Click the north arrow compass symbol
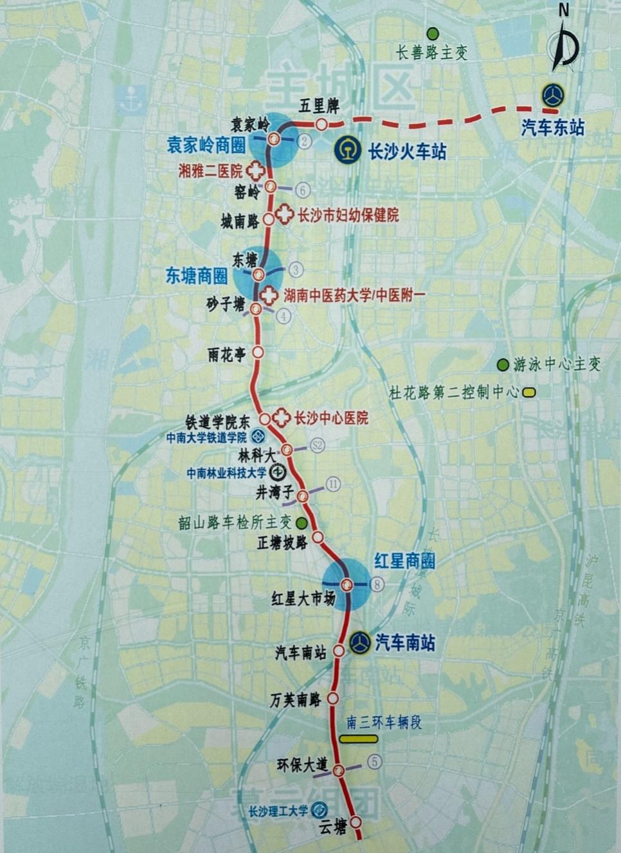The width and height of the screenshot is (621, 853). [x=564, y=43]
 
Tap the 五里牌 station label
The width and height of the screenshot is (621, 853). [x=319, y=106]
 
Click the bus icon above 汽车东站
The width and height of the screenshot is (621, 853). [x=552, y=96]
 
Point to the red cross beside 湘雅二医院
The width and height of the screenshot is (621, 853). [x=256, y=170]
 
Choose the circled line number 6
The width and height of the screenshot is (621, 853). [x=303, y=190]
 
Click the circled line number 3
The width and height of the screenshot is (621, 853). [x=296, y=269]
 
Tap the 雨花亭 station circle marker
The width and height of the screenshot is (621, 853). [x=258, y=352]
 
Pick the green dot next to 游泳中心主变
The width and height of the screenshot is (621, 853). [x=503, y=365]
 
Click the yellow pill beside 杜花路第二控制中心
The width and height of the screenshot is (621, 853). [x=530, y=391]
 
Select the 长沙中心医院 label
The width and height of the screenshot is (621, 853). [x=331, y=418]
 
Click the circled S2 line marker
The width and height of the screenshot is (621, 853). [x=317, y=445]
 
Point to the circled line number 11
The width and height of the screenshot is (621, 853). [x=333, y=484]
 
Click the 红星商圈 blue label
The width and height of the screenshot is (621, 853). [x=404, y=561]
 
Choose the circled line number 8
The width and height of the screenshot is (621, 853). [x=377, y=584]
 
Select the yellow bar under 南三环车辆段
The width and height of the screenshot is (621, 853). [x=359, y=739]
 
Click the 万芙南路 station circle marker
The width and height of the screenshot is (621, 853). [x=333, y=698]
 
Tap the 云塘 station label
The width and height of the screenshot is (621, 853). [x=333, y=827]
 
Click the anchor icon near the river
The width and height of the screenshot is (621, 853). [x=131, y=99]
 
